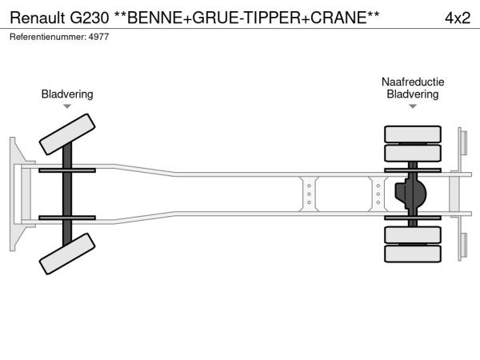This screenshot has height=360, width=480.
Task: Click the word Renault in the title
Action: (38, 18)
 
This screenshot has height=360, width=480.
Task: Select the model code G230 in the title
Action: (89, 18)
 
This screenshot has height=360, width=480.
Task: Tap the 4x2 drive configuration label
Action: (458, 18)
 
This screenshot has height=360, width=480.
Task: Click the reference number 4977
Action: (98, 37)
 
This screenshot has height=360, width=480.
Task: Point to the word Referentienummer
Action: (48, 37)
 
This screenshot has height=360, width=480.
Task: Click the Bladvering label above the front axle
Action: (67, 94)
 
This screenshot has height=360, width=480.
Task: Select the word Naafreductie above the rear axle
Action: (413, 82)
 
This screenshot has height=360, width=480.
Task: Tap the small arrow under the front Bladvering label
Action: (67, 106)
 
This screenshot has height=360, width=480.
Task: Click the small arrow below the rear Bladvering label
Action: (413, 106)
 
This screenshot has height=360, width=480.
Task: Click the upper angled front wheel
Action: (67, 134)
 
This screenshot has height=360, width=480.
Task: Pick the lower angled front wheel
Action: (67, 254)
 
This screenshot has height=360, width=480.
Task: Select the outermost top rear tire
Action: (413, 134)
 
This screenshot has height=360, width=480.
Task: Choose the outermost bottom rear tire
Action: (413, 254)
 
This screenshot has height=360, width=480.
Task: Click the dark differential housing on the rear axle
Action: (411, 194)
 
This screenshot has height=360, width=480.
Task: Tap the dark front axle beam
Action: (67, 194)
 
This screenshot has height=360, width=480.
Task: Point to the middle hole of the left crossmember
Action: (309, 194)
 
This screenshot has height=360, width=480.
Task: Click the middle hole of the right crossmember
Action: (378, 194)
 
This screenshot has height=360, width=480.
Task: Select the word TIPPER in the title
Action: (273, 18)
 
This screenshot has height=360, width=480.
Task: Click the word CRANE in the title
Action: (339, 18)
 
